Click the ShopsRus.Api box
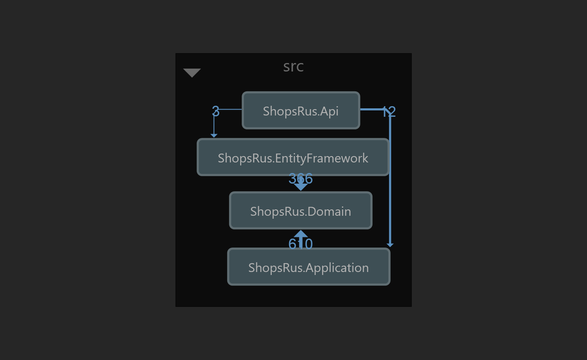point(301,110)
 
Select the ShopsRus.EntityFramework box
point(293,157)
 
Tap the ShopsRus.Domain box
point(300,211)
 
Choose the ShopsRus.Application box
point(309,267)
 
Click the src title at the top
point(293,66)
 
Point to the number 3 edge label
point(215,112)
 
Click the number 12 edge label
point(388,112)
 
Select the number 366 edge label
point(300,179)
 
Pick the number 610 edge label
point(300,244)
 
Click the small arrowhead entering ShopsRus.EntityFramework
point(214,135)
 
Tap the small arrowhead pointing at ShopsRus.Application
point(390,245)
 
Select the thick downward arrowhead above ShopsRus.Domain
point(300,187)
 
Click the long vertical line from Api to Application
point(390,178)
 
